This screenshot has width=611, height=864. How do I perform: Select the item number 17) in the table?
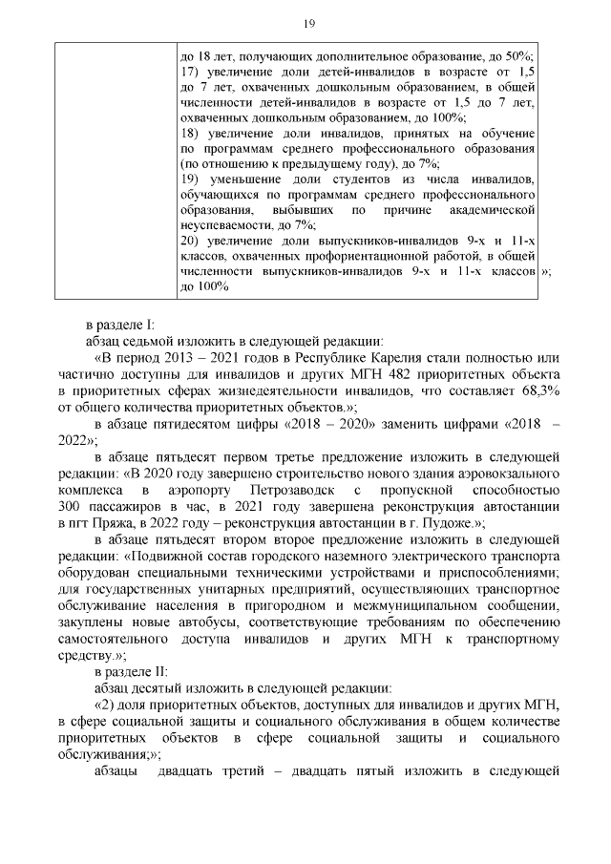(190, 72)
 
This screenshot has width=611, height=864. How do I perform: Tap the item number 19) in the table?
(190, 179)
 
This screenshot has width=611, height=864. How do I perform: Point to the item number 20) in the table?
(191, 240)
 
